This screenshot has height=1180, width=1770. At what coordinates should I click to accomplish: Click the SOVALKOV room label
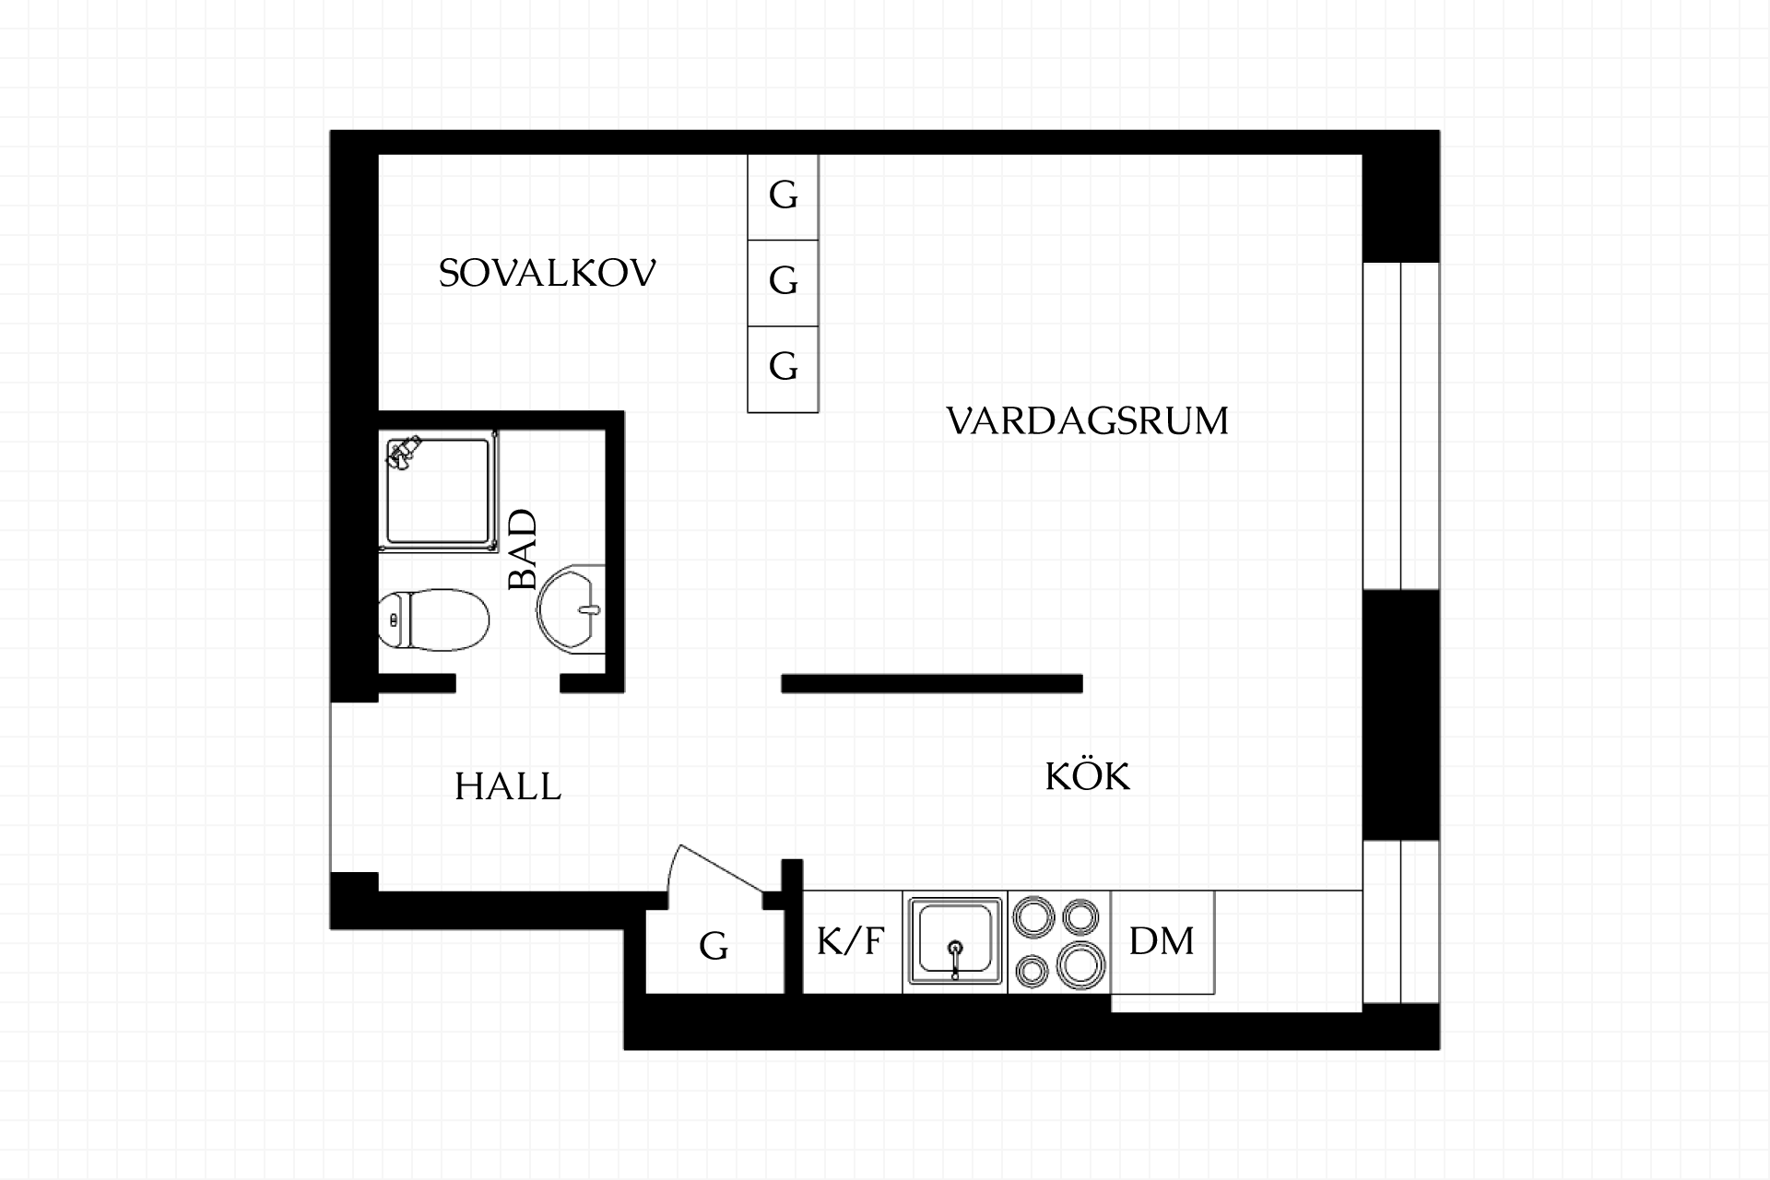pos(547,274)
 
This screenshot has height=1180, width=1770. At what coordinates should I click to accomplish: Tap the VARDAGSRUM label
pos(1088,421)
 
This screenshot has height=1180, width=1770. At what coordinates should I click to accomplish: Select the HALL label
pos(508,786)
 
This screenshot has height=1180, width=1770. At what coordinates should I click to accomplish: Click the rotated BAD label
pos(523,549)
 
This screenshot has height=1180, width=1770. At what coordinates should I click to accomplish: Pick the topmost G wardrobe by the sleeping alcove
pos(783,197)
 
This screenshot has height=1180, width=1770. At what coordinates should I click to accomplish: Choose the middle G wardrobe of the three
pos(783,283)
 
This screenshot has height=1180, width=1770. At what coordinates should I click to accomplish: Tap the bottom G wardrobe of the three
pos(783,369)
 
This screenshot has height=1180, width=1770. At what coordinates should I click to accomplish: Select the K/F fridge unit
pos(852,942)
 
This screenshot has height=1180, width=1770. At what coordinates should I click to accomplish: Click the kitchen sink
pos(955,941)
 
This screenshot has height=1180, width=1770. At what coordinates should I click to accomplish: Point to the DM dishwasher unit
pos(1162,942)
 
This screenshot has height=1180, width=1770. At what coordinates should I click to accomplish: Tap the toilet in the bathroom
pos(433,619)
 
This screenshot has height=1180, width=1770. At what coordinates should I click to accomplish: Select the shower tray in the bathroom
pos(438,491)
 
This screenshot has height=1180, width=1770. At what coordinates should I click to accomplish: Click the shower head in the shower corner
pos(402,452)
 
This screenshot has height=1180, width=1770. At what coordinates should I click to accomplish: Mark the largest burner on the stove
pos(1081,964)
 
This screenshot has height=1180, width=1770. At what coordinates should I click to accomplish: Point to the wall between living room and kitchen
pos(932,683)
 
